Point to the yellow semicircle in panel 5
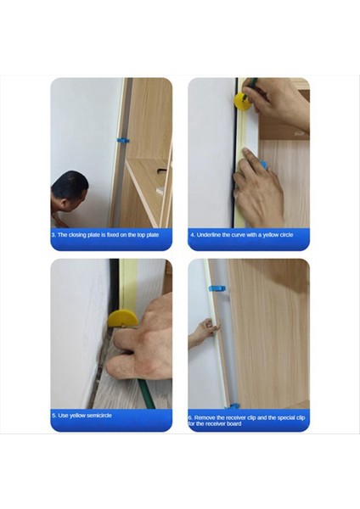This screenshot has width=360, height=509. tap(122, 320)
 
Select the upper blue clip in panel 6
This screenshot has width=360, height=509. tap(216, 288)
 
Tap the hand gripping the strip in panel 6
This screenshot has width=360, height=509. tap(202, 331)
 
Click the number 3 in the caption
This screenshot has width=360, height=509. tap(54, 233)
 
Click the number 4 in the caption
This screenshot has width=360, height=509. tap(192, 234)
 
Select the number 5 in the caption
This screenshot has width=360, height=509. tap(54, 416)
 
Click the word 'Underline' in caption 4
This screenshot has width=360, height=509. tap(211, 234)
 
